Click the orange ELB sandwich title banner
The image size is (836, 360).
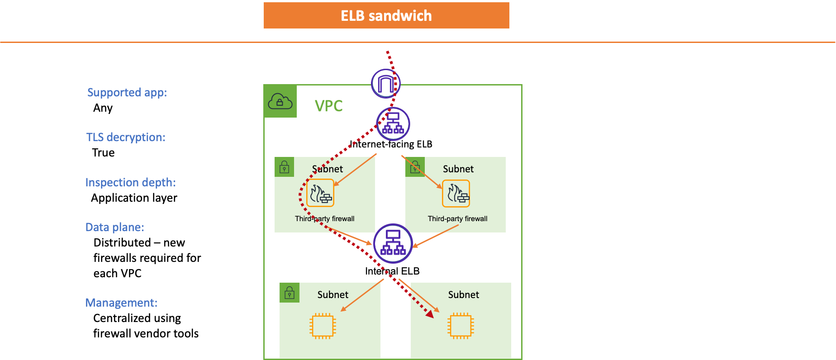tap(386, 15)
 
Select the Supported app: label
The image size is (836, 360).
tap(127, 93)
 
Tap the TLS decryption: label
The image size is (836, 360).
tap(126, 137)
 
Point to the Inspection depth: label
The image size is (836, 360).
tap(130, 183)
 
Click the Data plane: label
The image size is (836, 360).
tap(115, 227)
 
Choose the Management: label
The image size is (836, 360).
tap(121, 303)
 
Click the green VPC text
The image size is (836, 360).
tap(329, 106)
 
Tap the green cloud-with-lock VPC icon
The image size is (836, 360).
tap(280, 101)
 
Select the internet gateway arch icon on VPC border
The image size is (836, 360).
tap(385, 84)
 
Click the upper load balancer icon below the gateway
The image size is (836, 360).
tap(393, 124)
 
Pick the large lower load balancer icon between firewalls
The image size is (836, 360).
tap(393, 243)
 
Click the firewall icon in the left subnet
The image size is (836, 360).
tap(320, 193)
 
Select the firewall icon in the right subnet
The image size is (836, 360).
tap(456, 194)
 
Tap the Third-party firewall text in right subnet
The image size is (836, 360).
tap(457, 219)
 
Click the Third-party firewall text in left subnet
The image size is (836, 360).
tap(324, 219)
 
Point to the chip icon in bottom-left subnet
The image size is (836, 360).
tap(323, 326)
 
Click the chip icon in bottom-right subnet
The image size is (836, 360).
tap(461, 326)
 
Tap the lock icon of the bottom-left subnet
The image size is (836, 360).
tap(290, 293)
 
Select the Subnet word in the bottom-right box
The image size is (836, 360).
tap(463, 295)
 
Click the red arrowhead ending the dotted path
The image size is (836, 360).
tap(430, 314)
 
